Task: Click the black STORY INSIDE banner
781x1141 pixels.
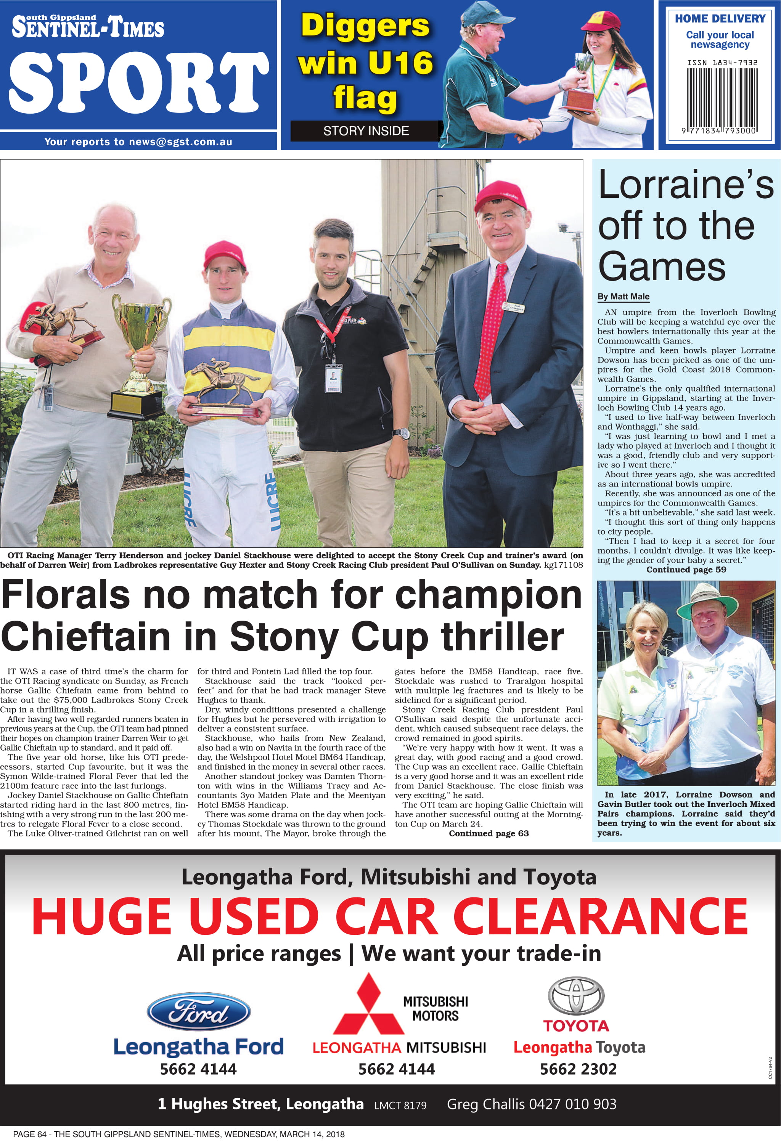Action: [x=366, y=131]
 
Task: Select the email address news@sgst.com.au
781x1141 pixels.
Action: [x=180, y=142]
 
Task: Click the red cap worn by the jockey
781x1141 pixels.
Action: [x=225, y=255]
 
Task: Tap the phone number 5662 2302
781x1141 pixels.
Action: [x=578, y=1069]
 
